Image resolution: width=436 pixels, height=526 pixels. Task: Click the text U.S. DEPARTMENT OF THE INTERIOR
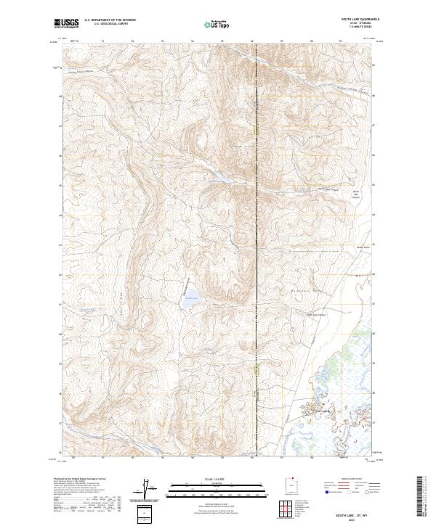pyautogui.click(x=110, y=21)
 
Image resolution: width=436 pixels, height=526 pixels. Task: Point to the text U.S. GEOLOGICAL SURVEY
pyautogui.click(x=106, y=25)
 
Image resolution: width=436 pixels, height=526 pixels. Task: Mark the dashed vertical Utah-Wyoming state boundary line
pyautogui.click(x=257, y=218)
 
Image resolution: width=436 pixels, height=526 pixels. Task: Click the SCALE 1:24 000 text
pyautogui.click(x=217, y=480)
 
